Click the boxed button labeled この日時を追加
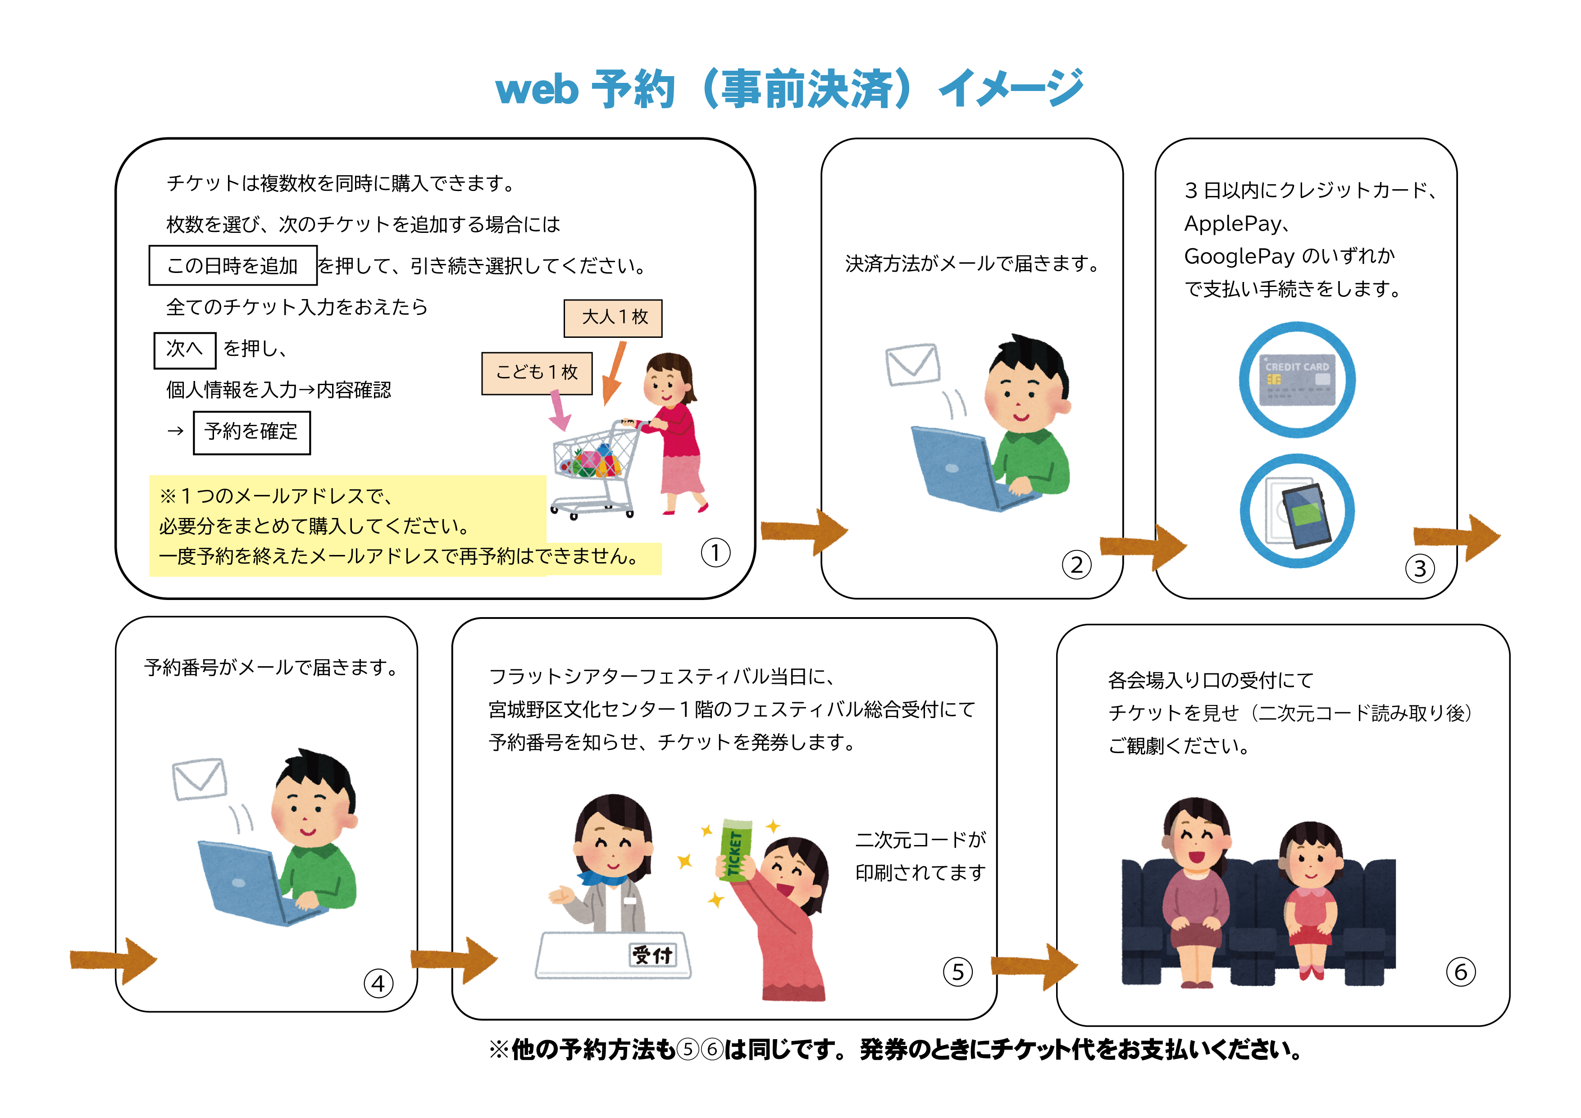[233, 265]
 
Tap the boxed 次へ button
[185, 349]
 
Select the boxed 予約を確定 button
[251, 432]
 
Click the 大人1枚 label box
[612, 318]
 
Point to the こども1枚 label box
[537, 373]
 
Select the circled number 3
[1419, 568]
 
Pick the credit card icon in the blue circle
[1297, 380]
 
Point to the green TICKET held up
[735, 850]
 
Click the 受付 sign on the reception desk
[652, 955]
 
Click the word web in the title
[537, 90]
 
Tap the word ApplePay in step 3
[1233, 224]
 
